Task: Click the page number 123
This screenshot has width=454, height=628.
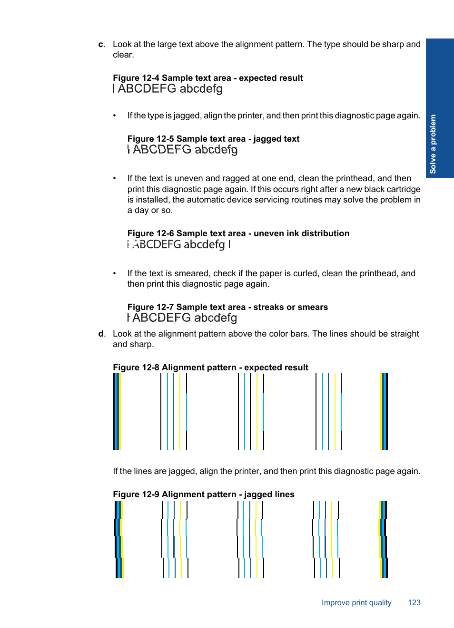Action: point(414,602)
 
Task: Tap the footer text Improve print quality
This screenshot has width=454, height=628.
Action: point(356,602)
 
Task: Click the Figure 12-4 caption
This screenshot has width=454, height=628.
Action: point(207,78)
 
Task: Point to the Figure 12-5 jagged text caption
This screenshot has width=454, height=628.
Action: point(213,139)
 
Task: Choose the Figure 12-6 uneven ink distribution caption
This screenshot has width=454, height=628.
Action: point(238,233)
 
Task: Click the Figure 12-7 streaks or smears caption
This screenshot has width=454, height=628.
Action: point(227,307)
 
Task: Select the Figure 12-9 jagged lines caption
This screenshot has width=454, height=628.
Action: point(203,494)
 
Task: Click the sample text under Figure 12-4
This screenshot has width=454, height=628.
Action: point(168,89)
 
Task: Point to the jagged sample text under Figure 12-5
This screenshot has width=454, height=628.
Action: point(183,150)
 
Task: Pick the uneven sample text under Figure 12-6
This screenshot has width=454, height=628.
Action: point(179,244)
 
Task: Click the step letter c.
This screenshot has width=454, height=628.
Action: point(101,45)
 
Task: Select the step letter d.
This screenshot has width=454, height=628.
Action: point(101,334)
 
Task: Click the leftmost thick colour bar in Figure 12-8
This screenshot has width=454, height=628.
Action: point(117,412)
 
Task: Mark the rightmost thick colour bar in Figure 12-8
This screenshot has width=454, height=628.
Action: point(384,412)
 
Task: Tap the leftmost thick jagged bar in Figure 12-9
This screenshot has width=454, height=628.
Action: point(118,540)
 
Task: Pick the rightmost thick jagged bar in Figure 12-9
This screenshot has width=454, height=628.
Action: point(383,540)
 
